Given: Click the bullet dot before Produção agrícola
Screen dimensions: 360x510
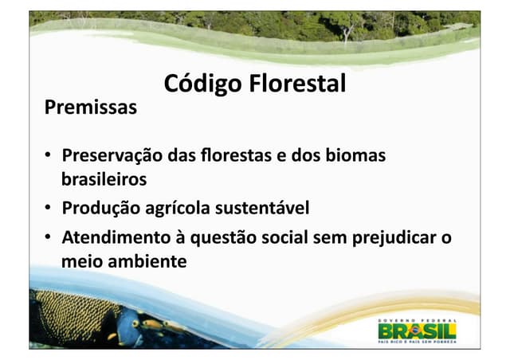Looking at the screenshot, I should point(49,209).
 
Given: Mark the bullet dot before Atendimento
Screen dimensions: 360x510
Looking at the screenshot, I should point(49,238).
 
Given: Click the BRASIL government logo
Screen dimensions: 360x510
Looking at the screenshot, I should point(418,328).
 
